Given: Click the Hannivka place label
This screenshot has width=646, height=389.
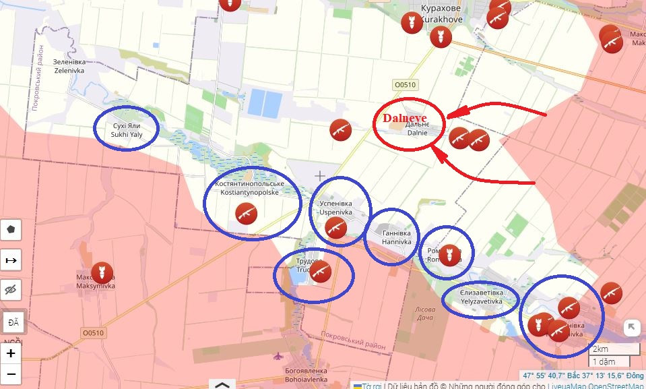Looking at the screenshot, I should pos(396,235).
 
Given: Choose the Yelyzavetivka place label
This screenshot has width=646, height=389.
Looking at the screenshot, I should pos(481,297).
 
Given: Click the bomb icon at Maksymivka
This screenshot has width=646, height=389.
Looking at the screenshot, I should pos(102,272).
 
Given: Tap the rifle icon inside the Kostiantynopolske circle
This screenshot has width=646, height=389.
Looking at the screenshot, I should pos(247,214).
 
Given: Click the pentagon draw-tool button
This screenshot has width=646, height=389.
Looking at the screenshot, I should pos(11,230).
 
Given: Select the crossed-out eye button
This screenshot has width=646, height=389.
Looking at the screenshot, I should pos(11,291).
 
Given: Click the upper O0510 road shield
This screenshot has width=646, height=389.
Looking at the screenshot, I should pos(404,85).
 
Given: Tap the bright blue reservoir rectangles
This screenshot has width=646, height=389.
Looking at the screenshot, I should pos(265,103).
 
